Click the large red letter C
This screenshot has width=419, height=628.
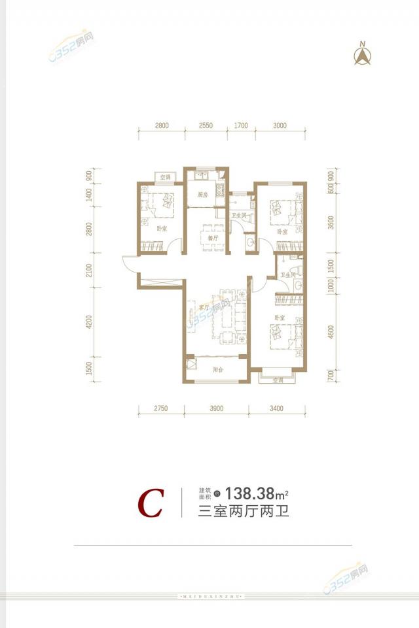click(x=150, y=504)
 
